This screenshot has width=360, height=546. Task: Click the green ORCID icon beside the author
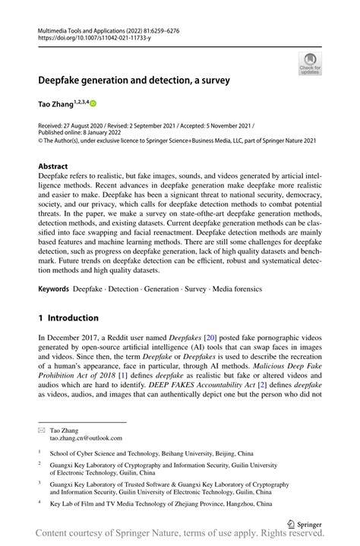[x=95, y=103]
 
